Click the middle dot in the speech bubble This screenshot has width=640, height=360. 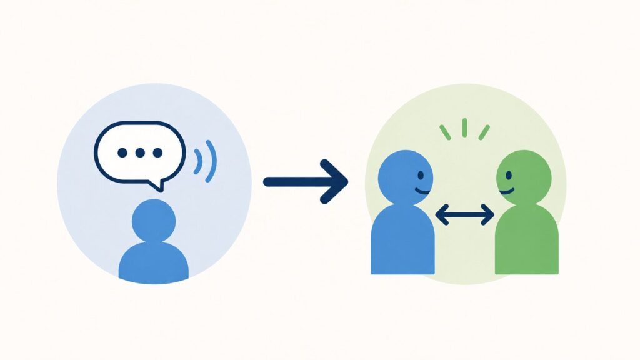coord(140,152)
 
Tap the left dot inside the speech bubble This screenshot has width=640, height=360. coord(122,152)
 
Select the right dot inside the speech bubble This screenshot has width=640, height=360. coord(157,152)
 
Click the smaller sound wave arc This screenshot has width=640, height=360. coord(198,161)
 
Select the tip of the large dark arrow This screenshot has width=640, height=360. coord(346,182)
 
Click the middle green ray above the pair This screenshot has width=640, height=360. coord(464,127)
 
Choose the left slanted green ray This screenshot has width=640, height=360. coord(445,132)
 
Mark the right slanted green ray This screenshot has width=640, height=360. coord(484,132)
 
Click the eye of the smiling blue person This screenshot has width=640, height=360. coord(421,175)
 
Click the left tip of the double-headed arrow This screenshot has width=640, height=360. coord(437,216)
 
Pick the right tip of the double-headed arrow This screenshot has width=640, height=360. coord(492,216)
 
